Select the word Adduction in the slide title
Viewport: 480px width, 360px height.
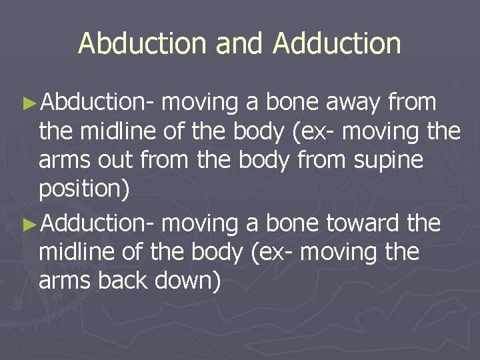337,44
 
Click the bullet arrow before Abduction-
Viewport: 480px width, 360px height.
27,103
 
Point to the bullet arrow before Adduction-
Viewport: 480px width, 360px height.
27,223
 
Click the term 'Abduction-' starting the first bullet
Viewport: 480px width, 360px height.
97,103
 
